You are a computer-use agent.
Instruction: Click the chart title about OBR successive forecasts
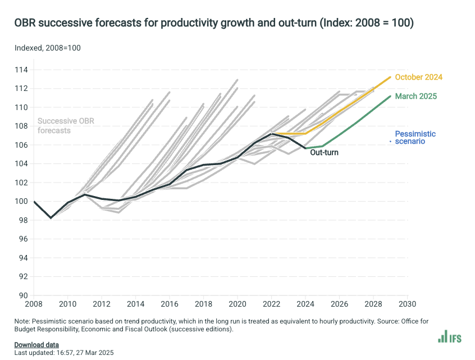[x=214, y=23]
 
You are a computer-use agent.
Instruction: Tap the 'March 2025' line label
[x=415, y=96]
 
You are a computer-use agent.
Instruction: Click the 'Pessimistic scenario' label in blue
[x=415, y=138]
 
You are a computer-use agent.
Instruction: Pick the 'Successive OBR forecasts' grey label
[x=62, y=125]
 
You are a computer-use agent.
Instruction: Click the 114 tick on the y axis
[x=22, y=70]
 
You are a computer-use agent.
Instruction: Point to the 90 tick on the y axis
[x=24, y=295]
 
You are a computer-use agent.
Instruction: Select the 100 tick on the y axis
[x=22, y=201]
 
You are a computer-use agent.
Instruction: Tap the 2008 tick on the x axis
[x=34, y=304]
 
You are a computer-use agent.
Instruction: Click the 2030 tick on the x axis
[x=407, y=304]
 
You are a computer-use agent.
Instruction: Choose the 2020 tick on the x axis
[x=237, y=304]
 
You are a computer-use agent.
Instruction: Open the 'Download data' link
[x=36, y=344]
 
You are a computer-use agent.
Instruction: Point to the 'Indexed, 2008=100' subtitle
[x=48, y=48]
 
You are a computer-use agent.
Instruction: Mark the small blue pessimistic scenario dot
[x=391, y=142]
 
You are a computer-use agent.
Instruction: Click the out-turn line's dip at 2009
[x=51, y=218]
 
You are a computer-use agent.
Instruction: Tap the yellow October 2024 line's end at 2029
[x=390, y=77]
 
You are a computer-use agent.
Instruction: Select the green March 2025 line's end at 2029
[x=390, y=96]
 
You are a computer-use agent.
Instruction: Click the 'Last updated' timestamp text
[x=63, y=352]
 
